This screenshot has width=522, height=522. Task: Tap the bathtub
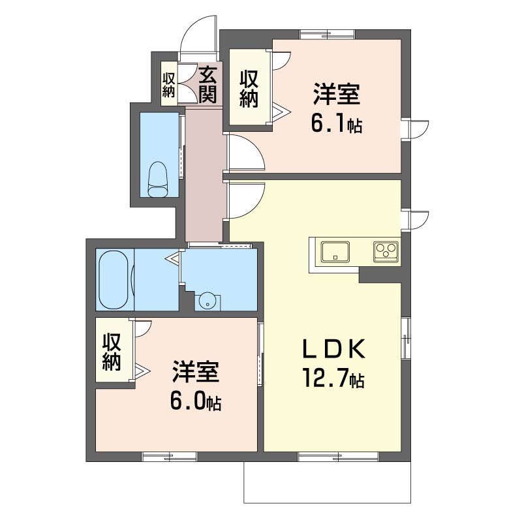coord(115,279)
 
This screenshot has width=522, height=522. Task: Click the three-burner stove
coord(386,251)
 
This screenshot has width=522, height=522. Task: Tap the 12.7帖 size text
coord(332,378)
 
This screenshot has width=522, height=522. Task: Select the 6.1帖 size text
coord(336,124)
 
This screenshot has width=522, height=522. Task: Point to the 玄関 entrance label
coord(207,85)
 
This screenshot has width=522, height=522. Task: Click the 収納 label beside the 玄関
coord(169,84)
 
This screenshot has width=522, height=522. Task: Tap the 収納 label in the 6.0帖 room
coord(112,353)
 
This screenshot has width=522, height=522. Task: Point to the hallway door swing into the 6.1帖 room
coord(245,153)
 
